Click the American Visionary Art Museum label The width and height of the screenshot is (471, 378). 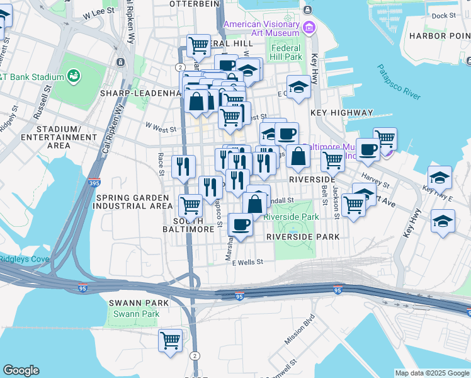[261, 28]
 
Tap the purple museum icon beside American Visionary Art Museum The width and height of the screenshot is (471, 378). [309, 28]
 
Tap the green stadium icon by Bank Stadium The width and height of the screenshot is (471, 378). [74, 77]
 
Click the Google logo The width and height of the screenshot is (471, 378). [21, 370]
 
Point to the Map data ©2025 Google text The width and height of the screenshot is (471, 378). [432, 373]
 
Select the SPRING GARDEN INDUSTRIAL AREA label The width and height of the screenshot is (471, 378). [134, 202]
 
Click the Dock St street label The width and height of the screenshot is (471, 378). [443, 16]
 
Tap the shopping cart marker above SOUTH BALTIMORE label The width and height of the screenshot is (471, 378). [190, 204]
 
